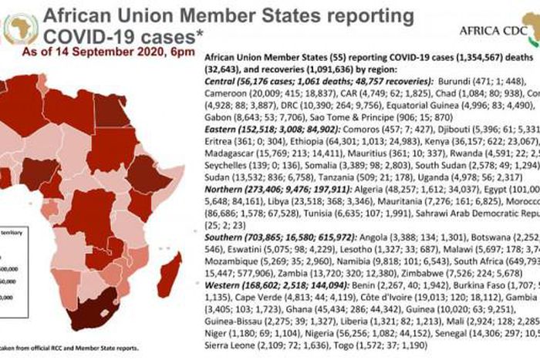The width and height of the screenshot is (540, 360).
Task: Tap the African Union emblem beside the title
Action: (x=20, y=29)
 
